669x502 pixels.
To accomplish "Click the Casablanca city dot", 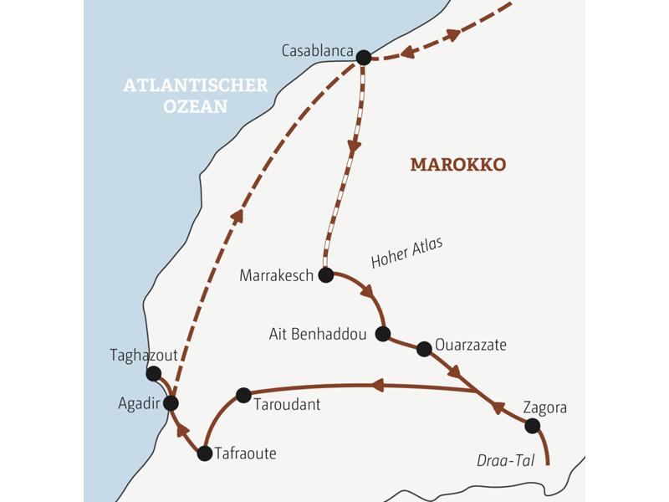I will [363, 58].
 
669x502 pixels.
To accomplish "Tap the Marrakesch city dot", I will [326, 274].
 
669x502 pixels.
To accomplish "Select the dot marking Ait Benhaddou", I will [383, 334].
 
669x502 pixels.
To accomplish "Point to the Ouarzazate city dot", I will [424, 349].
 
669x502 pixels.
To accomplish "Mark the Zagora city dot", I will [532, 426].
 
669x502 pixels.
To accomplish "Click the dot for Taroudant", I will [243, 395].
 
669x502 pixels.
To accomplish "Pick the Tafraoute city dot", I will [204, 453].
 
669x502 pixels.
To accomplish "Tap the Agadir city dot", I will [171, 403].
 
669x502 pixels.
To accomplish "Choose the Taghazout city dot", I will [153, 373].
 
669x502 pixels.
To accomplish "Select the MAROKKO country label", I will [457, 165].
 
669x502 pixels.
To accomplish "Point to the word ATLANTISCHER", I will [196, 85].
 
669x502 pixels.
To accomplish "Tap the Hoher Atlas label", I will [406, 253].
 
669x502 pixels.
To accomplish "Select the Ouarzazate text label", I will [471, 344].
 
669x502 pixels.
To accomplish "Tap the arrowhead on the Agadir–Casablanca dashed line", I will [237, 217].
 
